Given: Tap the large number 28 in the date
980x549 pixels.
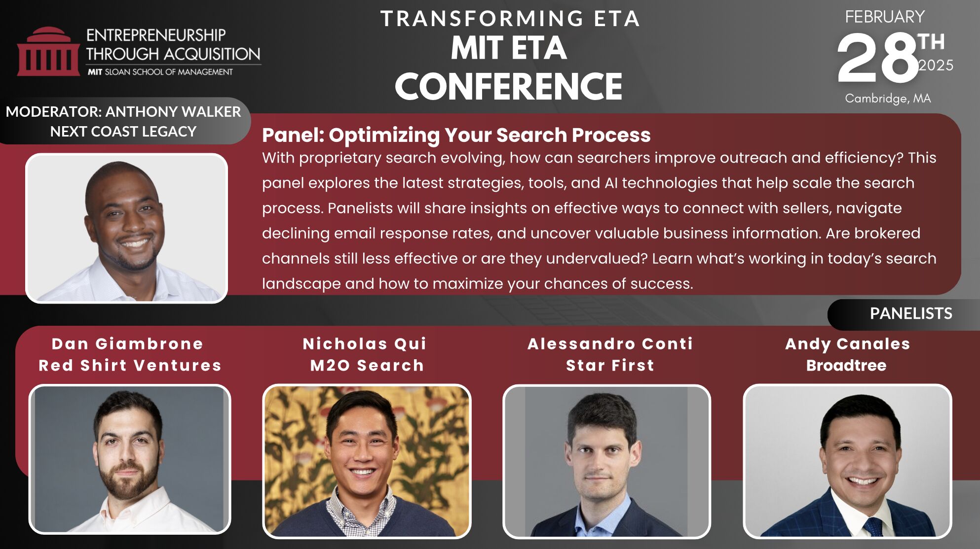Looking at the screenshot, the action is point(877,58).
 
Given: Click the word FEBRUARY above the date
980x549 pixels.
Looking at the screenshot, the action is point(885,17).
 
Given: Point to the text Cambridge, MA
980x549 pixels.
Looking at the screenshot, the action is point(888,99).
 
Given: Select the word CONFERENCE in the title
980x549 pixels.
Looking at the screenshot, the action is point(508,86).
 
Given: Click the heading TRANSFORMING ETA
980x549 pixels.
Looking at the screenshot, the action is point(510,19).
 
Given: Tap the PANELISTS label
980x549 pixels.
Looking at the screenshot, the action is point(911,313).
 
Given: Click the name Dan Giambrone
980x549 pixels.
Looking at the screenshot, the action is point(127,343).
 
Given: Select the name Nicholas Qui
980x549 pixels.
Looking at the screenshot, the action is point(365,343).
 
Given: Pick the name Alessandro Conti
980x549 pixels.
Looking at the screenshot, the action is point(610,343).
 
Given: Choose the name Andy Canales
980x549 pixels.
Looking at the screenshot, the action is point(847,344).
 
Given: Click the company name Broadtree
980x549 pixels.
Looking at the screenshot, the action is point(846,365).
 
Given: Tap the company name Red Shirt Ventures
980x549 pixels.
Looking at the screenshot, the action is point(130,365).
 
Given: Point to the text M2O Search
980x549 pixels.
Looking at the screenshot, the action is point(367,365).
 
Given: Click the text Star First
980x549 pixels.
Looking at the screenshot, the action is point(610,365).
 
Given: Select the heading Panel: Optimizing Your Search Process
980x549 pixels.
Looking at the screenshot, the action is point(456,135).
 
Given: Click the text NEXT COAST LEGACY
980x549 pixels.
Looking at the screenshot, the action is point(123,132).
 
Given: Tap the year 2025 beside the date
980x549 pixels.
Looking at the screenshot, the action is point(936,66).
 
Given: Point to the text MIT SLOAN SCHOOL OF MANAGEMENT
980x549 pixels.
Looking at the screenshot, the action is point(160,72).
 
